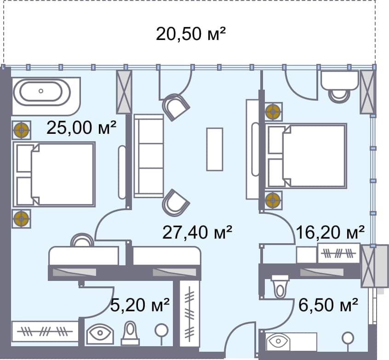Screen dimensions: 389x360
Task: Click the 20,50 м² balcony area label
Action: pyautogui.click(x=191, y=34)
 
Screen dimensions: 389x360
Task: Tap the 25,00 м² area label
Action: pyautogui.click(x=81, y=127)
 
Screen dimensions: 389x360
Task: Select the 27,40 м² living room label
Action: pyautogui.click(x=197, y=232)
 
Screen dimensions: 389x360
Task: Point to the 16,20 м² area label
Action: pyautogui.click(x=330, y=232)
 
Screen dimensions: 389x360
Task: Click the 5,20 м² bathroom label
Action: pyautogui.click(x=140, y=305)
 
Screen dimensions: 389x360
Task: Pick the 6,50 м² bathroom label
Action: pyautogui.click(x=328, y=305)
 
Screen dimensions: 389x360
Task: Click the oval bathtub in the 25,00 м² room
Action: pyautogui.click(x=41, y=91)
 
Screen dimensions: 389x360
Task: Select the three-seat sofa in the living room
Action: pyautogui.click(x=149, y=156)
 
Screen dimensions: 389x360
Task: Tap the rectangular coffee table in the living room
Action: pyautogui.click(x=215, y=149)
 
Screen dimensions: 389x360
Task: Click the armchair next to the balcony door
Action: pyautogui.click(x=176, y=107)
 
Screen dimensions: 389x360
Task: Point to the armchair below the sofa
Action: pyautogui.click(x=175, y=202)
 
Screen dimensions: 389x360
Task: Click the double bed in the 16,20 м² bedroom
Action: pyautogui.click(x=306, y=156)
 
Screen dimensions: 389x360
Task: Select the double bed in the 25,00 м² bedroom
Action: pyautogui.click(x=54, y=174)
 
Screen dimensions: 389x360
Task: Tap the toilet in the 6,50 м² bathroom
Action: pyautogui.click(x=280, y=286)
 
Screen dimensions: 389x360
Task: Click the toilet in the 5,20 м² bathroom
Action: pyautogui.click(x=130, y=333)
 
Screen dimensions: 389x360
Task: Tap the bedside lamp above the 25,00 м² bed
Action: pyautogui.click(x=21, y=130)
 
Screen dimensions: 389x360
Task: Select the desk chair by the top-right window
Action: pyautogui.click(x=339, y=96)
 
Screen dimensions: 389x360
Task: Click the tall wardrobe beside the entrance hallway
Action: pyautogui.click(x=190, y=314)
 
